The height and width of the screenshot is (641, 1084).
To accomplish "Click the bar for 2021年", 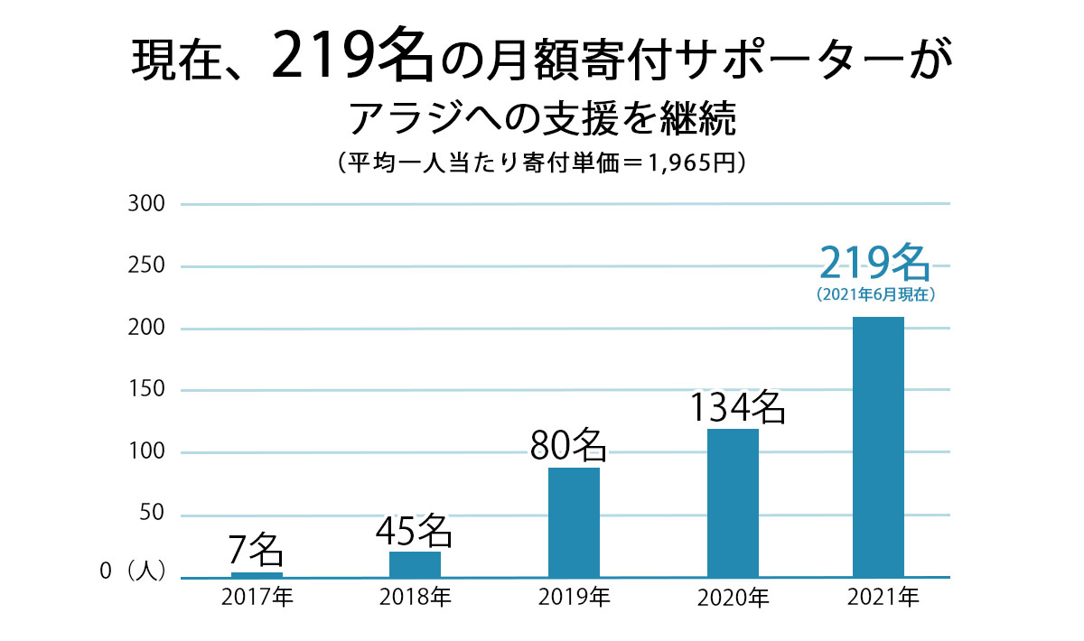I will pos(878,447).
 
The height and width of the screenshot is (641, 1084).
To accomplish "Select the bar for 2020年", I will pos(733,503).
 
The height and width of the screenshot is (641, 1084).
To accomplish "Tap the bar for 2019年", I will pos(574,522).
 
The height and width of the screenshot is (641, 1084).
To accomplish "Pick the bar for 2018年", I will pos(415,564).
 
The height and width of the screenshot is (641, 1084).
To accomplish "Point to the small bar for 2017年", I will pos(257,574).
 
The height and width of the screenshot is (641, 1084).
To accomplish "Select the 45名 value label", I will pos(414,530).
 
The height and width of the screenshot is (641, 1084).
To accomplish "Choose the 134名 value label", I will pos(737,408).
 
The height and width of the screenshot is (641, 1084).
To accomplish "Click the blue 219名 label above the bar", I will pos(874,263).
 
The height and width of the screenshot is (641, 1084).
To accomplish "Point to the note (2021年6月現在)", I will pos(874,294).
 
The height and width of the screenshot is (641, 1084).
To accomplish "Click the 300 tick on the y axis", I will pos(148,204).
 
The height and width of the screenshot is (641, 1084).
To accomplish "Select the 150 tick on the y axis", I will pos(148,390).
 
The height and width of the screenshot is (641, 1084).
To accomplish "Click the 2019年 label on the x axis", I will pos(574,598).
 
